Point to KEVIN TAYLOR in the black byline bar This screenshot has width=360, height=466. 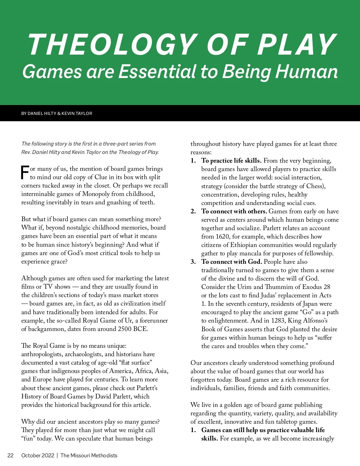click(77, 113)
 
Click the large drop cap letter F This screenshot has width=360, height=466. click(25, 172)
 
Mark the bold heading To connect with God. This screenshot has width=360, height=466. click(232, 262)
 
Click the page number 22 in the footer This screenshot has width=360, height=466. click(10, 455)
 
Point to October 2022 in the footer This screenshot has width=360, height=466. click(38, 455)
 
